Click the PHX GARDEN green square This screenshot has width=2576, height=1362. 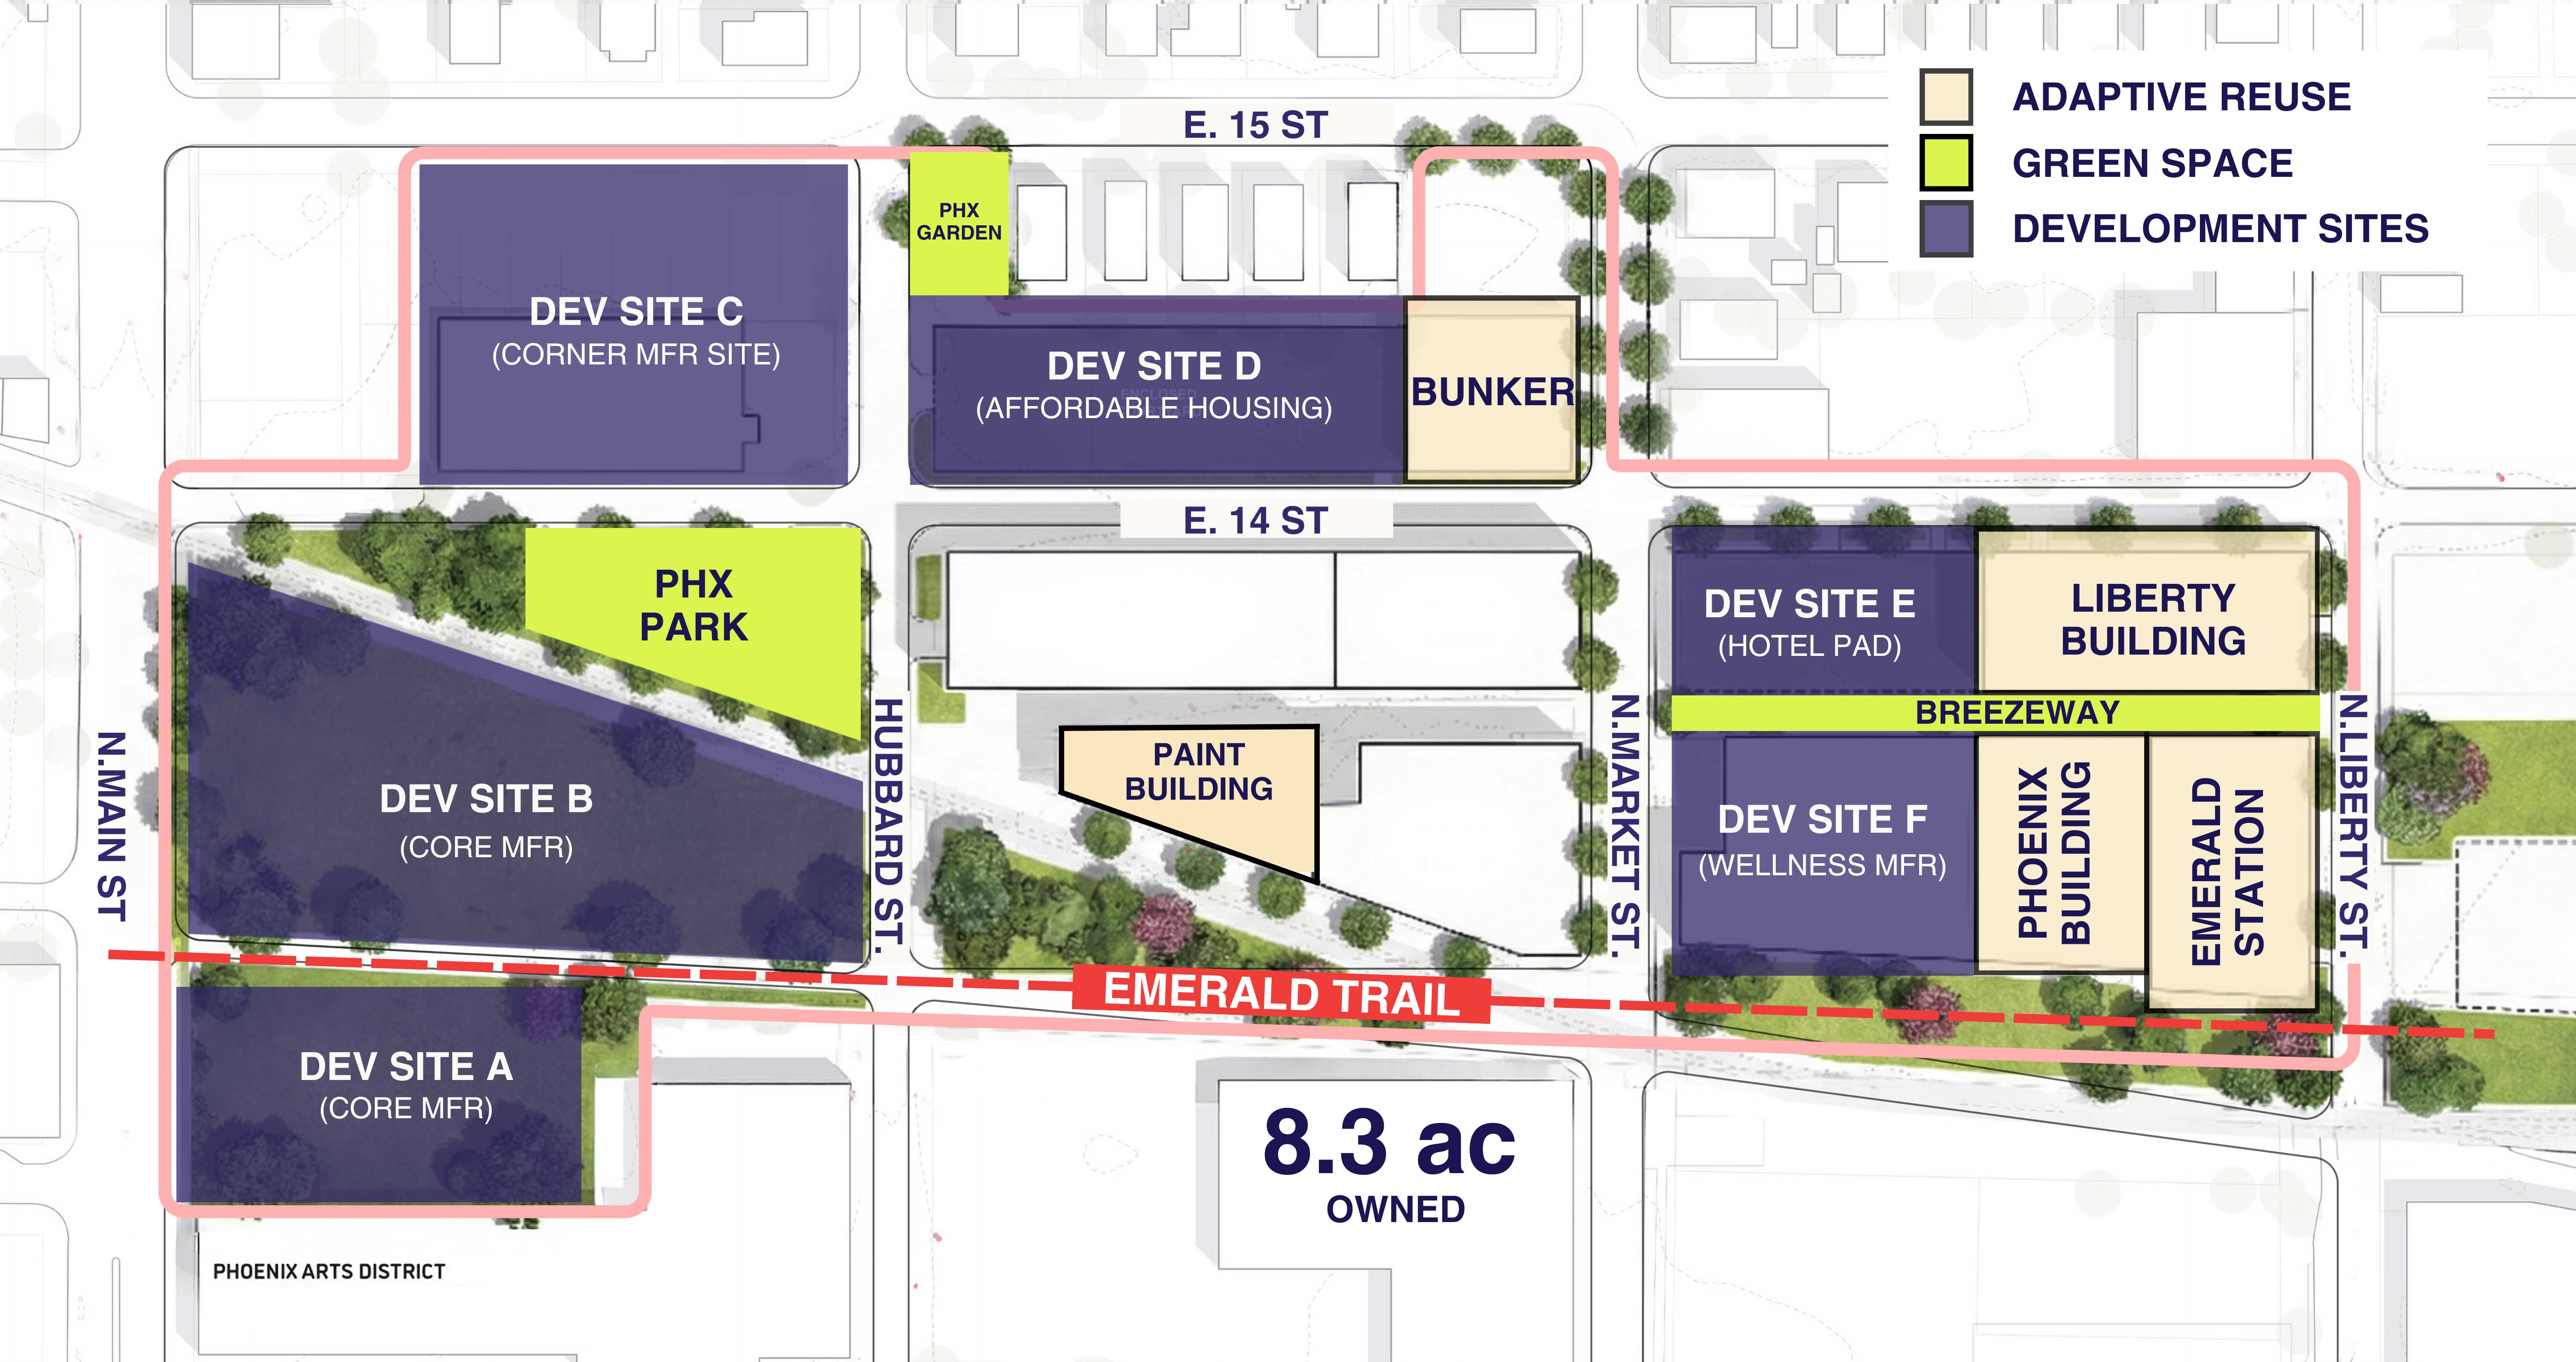click(958, 222)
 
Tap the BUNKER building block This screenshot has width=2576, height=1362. click(1491, 391)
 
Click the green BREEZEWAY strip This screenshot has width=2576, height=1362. click(2016, 712)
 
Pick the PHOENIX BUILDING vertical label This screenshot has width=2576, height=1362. click(2054, 853)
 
